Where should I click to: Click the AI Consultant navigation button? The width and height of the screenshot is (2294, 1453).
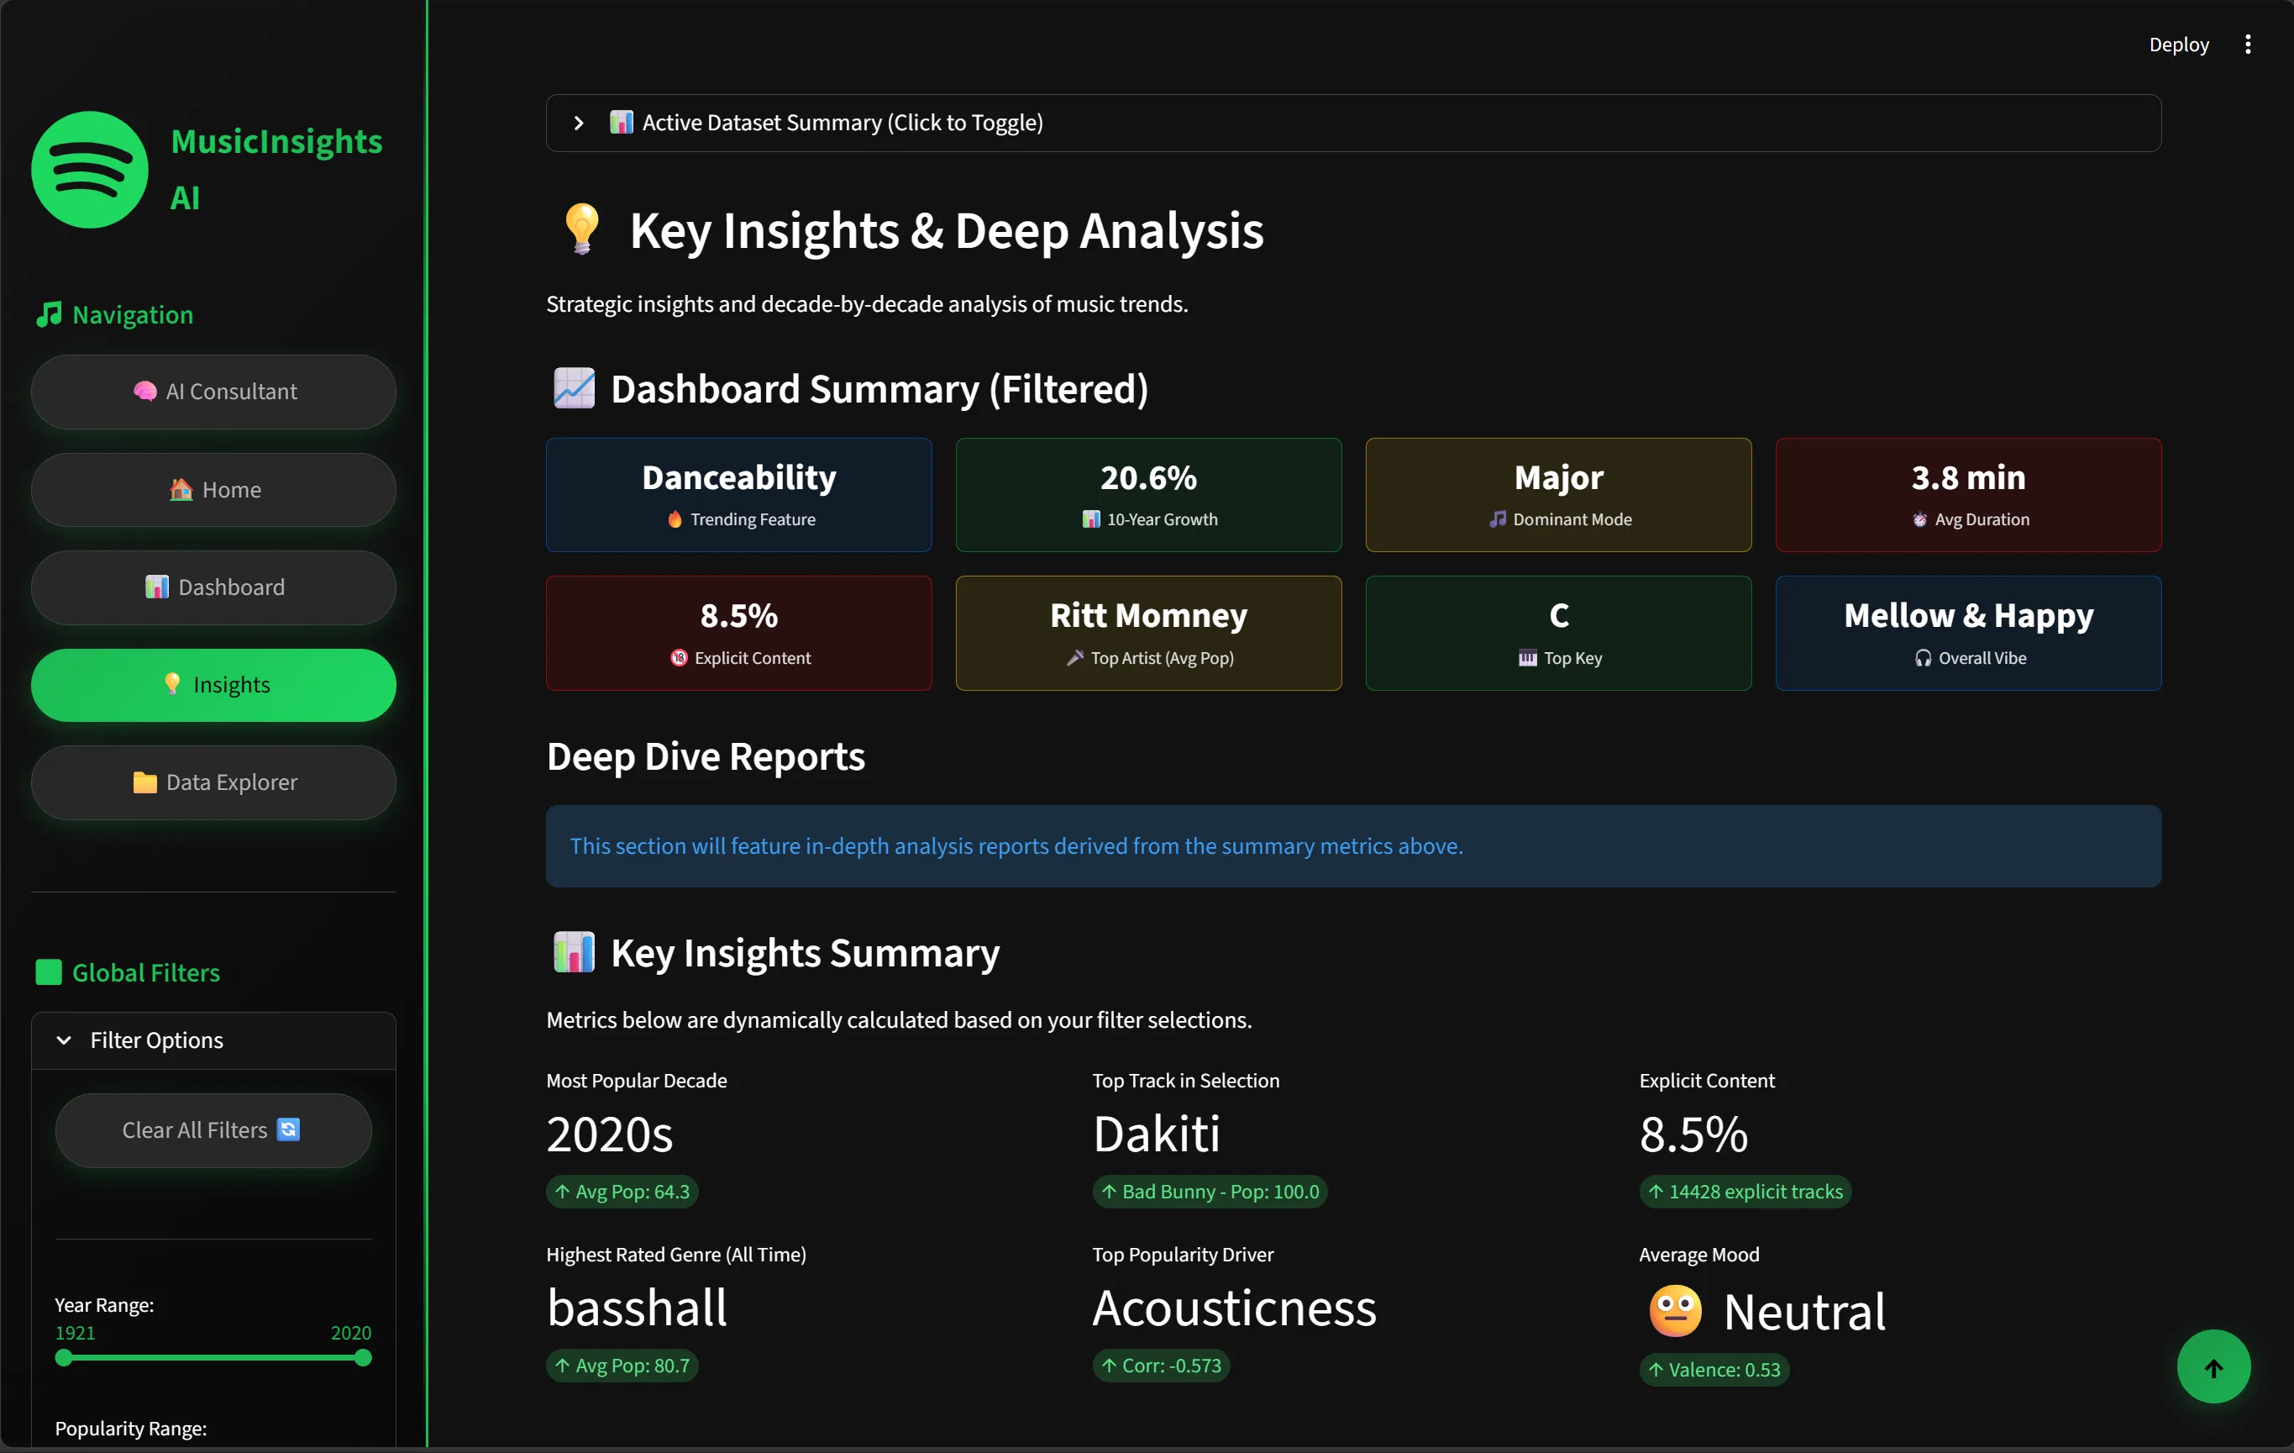pyautogui.click(x=213, y=392)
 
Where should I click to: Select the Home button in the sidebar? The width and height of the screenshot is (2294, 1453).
pyautogui.click(x=213, y=490)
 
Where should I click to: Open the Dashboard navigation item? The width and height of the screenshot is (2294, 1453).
pyautogui.click(x=213, y=587)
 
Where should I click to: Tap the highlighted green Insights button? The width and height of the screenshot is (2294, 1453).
pyautogui.click(x=213, y=685)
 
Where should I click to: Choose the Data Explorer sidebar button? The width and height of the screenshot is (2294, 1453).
pyautogui.click(x=213, y=782)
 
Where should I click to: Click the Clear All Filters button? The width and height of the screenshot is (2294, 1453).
pyautogui.click(x=213, y=1130)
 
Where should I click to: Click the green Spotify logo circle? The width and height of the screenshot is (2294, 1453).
pyautogui.click(x=90, y=170)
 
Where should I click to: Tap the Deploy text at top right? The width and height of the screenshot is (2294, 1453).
pyautogui.click(x=2178, y=45)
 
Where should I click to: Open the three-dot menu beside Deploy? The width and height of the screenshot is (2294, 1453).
pyautogui.click(x=2247, y=45)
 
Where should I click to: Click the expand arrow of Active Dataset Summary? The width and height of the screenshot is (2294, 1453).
pyautogui.click(x=578, y=123)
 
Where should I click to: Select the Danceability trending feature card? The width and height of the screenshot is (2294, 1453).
pyautogui.click(x=738, y=494)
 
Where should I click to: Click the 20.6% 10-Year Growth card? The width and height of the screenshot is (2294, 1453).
pyautogui.click(x=1148, y=494)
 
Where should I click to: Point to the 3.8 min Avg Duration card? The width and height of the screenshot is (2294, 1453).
pyautogui.click(x=1967, y=494)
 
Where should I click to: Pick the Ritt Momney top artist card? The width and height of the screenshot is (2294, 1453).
pyautogui.click(x=1148, y=633)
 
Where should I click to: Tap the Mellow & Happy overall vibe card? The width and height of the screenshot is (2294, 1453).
pyautogui.click(x=1967, y=633)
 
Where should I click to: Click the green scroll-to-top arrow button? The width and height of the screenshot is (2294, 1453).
pyautogui.click(x=2213, y=1366)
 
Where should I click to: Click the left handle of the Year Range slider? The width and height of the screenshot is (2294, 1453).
pyautogui.click(x=64, y=1358)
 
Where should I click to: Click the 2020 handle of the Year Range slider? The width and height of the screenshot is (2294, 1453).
pyautogui.click(x=363, y=1358)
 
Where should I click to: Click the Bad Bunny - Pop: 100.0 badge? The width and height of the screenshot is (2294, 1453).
pyautogui.click(x=1210, y=1192)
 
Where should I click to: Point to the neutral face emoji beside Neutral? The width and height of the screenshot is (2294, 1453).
pyautogui.click(x=1675, y=1311)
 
